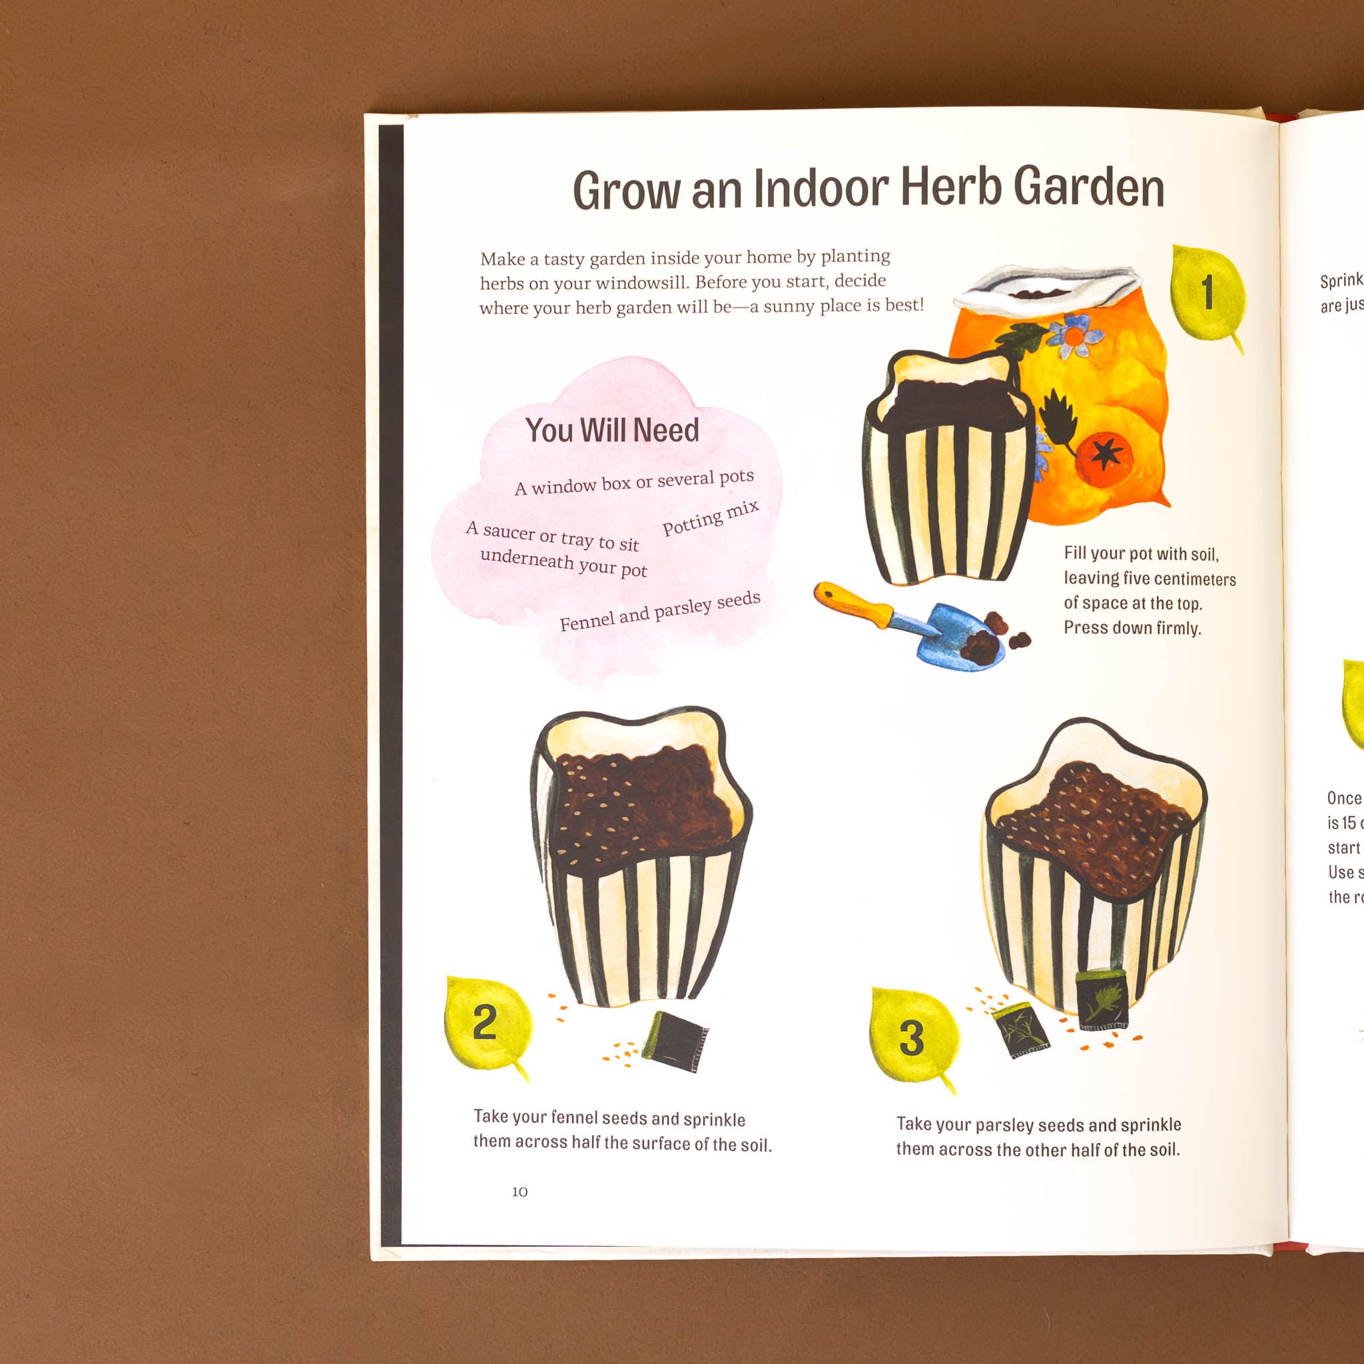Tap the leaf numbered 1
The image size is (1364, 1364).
coord(1206,293)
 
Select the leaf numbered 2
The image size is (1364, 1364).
coord(486,1022)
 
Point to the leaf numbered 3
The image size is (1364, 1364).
coord(912,1036)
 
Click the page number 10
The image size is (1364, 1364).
coord(519,1192)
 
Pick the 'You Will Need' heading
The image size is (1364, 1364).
coord(611,430)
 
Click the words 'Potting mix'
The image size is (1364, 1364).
coord(710,518)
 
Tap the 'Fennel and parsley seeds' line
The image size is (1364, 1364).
coord(659,611)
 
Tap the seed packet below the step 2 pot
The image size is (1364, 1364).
coord(675,1039)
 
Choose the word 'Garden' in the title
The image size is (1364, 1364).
coord(1089,188)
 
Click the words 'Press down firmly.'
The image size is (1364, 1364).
coord(1132,627)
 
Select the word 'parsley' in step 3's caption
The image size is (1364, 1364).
coord(1004,1125)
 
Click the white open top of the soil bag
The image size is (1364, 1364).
coord(1052,286)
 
